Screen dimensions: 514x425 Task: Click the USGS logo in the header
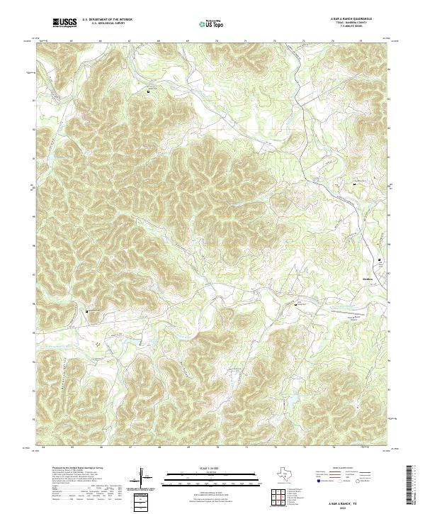(65, 23)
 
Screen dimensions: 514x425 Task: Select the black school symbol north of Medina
(380, 260)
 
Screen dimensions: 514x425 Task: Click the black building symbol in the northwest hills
(149, 89)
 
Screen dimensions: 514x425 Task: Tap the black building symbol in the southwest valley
(88, 311)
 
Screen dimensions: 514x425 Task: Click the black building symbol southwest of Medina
(296, 303)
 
